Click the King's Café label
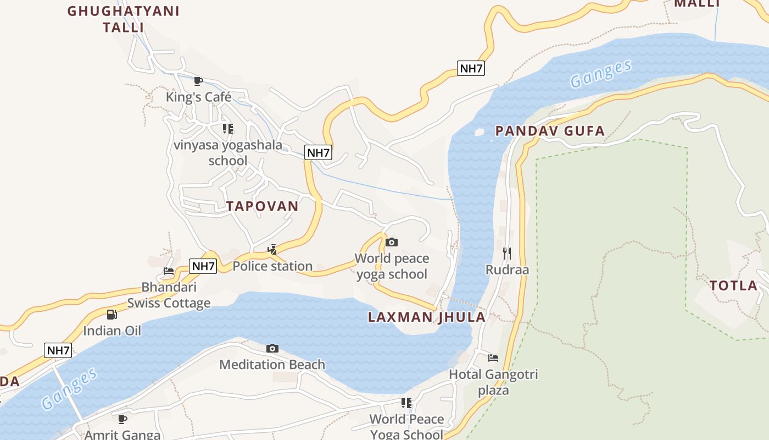198,97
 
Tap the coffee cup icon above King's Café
198,81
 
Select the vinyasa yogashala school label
228,153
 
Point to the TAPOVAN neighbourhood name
263,206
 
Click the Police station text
272,266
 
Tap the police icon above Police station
272,250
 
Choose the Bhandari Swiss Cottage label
169,295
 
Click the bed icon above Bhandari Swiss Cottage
169,271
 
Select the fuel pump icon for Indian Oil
112,315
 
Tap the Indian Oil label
112,331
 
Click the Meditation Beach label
272,365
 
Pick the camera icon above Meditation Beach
272,348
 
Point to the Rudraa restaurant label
507,269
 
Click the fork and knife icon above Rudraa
507,253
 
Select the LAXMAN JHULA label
427,317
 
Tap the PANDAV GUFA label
550,131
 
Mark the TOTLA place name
733,285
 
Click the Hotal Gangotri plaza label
493,382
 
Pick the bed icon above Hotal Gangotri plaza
493,358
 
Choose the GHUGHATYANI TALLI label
124,19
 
